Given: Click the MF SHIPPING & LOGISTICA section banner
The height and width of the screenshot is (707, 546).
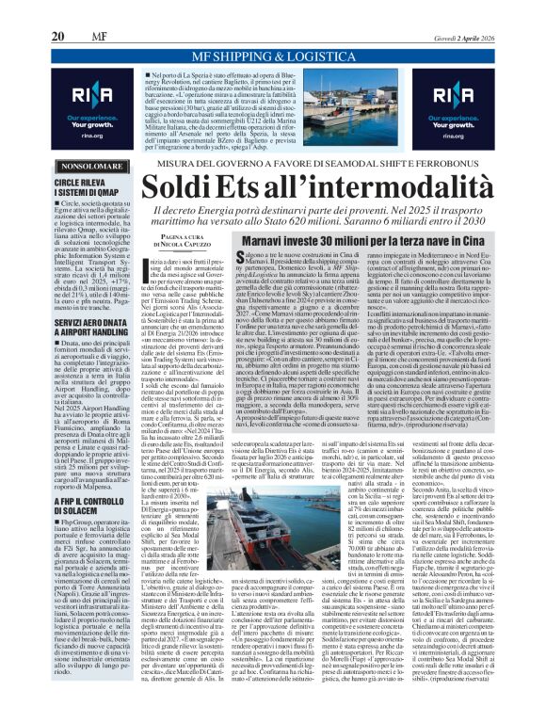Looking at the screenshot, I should tap(272, 57).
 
